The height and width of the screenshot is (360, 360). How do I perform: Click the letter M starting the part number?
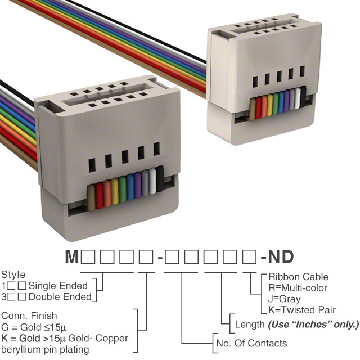[72, 256]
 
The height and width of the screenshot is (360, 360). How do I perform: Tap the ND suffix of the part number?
[281, 256]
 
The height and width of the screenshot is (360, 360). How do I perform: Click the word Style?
[13, 274]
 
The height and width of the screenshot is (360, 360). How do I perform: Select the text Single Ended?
[58, 286]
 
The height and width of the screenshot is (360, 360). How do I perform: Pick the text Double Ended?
[60, 297]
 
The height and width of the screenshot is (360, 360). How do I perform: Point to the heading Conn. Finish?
[29, 316]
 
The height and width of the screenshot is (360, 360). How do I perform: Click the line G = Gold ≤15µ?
[34, 327]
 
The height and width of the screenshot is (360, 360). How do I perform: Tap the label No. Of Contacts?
[251, 343]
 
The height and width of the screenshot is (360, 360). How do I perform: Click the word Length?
[250, 325]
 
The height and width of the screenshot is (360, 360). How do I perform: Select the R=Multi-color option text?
[298, 288]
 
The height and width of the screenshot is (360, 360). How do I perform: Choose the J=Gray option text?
[284, 299]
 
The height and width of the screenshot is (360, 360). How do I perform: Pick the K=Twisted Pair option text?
[302, 310]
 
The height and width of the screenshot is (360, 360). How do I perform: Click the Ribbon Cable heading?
[299, 277]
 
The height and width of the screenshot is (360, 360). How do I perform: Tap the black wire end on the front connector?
[160, 179]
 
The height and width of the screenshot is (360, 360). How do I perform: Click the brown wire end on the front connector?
[91, 198]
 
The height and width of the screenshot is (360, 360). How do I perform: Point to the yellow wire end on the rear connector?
[270, 105]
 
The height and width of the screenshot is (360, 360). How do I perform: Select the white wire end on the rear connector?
[298, 98]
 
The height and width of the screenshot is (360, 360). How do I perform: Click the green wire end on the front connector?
[123, 189]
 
